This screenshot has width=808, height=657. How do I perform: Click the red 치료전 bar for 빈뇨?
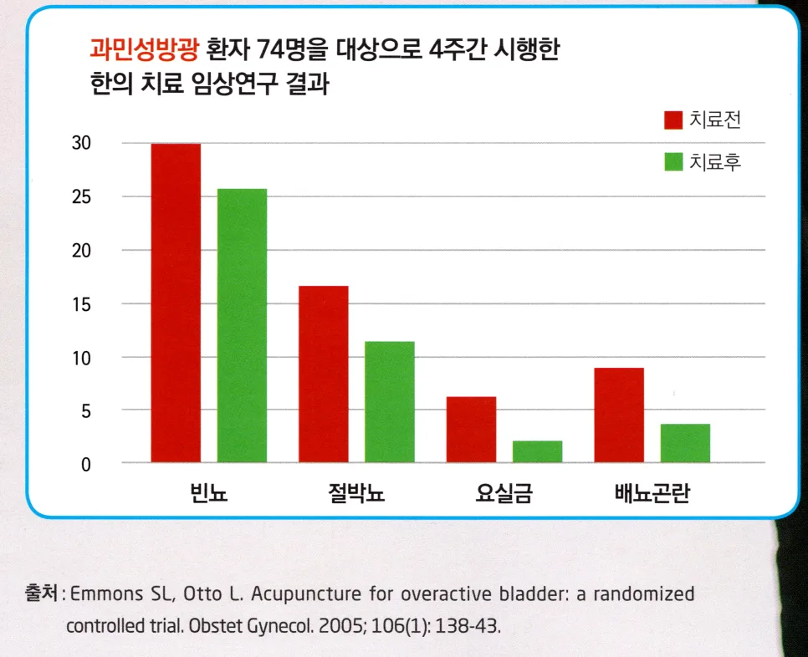coord(176,303)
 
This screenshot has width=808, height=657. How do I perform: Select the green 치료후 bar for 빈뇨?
coord(243,325)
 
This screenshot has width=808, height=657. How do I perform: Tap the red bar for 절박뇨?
coord(324,374)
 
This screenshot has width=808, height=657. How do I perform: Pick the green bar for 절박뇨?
coord(390,401)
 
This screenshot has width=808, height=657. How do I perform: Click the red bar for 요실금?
coord(472,430)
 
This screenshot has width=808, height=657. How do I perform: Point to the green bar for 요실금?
coord(538,451)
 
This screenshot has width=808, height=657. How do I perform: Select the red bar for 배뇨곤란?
coord(619,415)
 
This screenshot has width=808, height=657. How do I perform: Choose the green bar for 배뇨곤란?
coord(685,443)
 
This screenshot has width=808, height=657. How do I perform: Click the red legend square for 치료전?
coord(673,120)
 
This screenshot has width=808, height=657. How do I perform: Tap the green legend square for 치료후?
coord(673,161)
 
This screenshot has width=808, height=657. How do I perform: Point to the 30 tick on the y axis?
coord(81,143)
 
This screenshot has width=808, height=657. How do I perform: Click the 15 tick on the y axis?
coord(81,304)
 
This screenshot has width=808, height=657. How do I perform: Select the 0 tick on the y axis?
coord(86,465)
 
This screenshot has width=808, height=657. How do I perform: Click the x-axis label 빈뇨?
coord(209,493)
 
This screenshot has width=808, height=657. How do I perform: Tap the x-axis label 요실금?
coord(504,493)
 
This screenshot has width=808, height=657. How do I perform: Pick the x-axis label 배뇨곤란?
coord(652,493)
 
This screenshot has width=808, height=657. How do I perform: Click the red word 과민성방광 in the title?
coord(144,49)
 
